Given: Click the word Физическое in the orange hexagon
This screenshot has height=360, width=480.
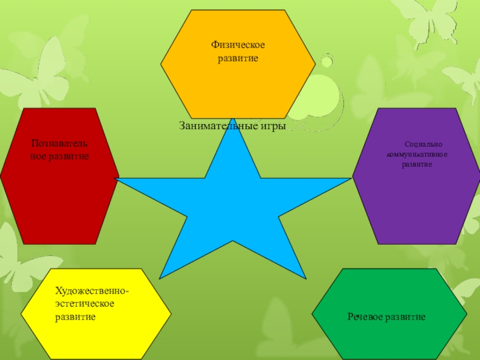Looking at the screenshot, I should pyautogui.click(x=238, y=46).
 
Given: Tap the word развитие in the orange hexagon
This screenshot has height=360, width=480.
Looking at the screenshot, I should pyautogui.click(x=238, y=59).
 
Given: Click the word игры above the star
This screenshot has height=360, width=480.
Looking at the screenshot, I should pyautogui.click(x=271, y=127).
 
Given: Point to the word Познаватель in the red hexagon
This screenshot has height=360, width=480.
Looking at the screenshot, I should pyautogui.click(x=59, y=144).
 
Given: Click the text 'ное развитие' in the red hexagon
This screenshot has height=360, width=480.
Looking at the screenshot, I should pyautogui.click(x=59, y=156).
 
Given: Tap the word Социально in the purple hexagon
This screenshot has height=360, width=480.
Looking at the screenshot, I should pyautogui.click(x=424, y=145).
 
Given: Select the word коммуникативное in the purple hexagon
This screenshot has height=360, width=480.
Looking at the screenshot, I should pyautogui.click(x=418, y=155).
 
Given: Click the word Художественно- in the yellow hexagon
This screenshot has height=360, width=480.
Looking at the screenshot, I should pyautogui.click(x=92, y=291).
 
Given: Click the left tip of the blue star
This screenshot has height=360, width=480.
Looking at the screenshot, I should pyautogui.click(x=118, y=179).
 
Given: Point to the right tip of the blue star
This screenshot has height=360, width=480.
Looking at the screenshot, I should pyautogui.click(x=350, y=178).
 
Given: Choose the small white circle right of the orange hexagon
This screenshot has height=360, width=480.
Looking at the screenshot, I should pyautogui.click(x=326, y=62).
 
